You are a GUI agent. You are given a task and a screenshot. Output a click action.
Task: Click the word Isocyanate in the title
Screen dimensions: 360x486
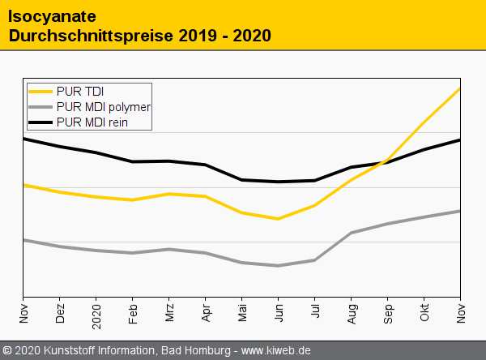[x=48, y=15]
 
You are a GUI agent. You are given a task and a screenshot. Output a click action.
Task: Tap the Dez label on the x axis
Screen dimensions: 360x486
[x=61, y=314]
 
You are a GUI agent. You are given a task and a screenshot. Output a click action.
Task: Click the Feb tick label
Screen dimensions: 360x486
[x=134, y=314]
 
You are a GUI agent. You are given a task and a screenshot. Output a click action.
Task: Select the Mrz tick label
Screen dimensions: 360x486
[x=170, y=314]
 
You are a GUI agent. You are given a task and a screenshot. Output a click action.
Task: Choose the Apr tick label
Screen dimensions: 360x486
[x=207, y=314]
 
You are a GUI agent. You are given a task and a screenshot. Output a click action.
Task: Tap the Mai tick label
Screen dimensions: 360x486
[x=243, y=314]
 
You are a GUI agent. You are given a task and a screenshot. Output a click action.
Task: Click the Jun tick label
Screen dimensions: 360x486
[x=279, y=314]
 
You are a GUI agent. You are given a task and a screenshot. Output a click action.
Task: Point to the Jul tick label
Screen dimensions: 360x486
[x=316, y=314]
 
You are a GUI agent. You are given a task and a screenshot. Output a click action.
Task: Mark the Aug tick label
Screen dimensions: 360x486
[x=352, y=314]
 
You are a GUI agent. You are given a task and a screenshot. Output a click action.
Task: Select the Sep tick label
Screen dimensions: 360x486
[x=389, y=314]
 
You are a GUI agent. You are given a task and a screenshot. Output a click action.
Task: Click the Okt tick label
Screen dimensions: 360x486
[x=425, y=314]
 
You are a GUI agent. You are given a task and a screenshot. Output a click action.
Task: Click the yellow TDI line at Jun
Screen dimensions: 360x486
[x=279, y=219]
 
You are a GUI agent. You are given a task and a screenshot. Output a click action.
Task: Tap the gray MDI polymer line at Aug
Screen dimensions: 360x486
[x=352, y=233]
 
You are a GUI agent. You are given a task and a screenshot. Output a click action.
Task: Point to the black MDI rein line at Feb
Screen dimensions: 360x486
[x=133, y=161]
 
